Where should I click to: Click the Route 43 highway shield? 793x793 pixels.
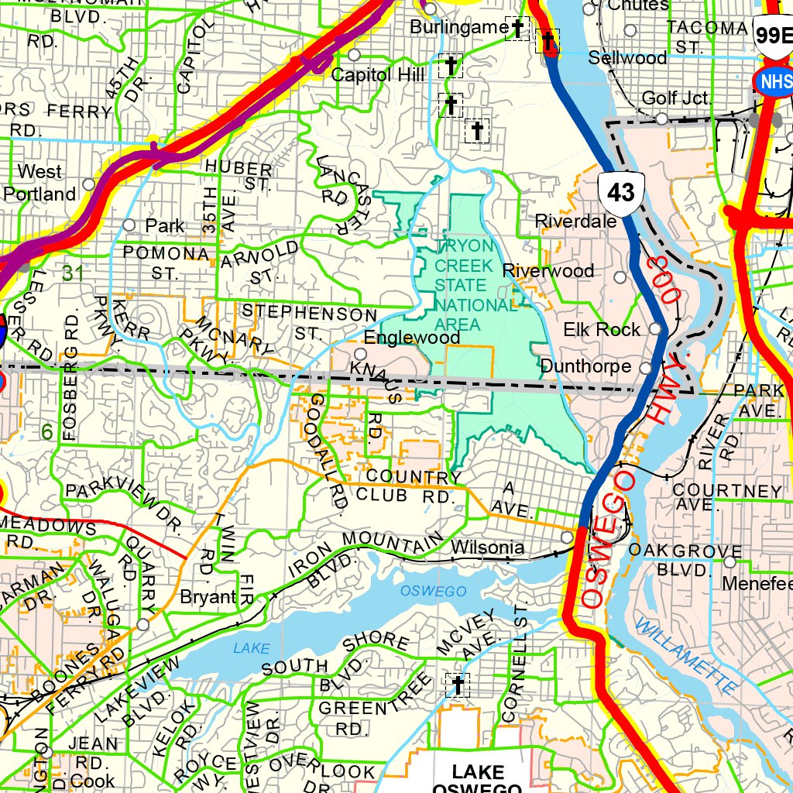coord(621,191)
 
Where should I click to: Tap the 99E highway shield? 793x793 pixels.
coord(775,35)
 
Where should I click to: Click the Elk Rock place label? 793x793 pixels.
coord(602,330)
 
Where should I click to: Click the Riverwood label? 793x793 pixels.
coord(548,271)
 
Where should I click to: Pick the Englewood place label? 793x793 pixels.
coord(412,338)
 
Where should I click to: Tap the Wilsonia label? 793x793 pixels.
coord(487,548)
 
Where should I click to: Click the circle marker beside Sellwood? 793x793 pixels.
coord(630,30)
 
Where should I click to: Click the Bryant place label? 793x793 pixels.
coord(208,597)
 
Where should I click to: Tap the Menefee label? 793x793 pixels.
coord(757,583)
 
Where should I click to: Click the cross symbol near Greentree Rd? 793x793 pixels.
coord(457,685)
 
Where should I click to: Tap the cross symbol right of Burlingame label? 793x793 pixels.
coord(515,29)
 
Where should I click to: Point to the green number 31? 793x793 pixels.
coord(73,273)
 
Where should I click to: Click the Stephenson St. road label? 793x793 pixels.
coord(308,322)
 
